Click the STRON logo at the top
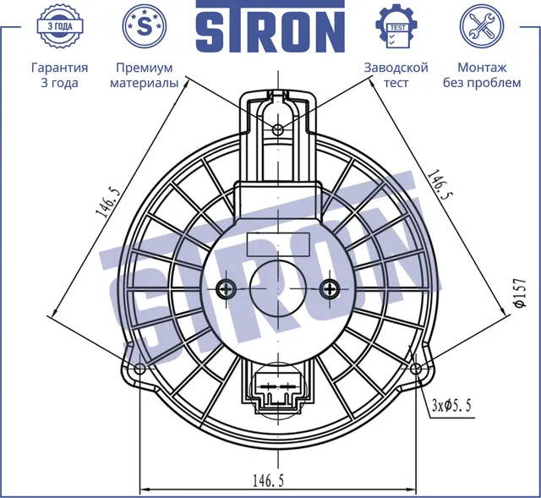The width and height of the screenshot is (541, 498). (270, 27)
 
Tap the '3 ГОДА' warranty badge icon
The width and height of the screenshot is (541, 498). (60, 26)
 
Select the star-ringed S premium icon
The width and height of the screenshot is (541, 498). (145, 26)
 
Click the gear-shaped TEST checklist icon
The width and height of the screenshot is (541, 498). (397, 26)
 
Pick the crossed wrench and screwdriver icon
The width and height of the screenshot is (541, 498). (482, 26)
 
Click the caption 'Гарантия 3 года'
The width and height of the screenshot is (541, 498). (60, 75)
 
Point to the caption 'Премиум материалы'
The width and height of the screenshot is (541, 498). (145, 75)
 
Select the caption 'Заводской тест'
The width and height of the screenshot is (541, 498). (396, 75)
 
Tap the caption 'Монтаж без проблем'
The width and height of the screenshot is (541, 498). (482, 75)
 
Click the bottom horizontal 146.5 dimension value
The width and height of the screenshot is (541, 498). (268, 480)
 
